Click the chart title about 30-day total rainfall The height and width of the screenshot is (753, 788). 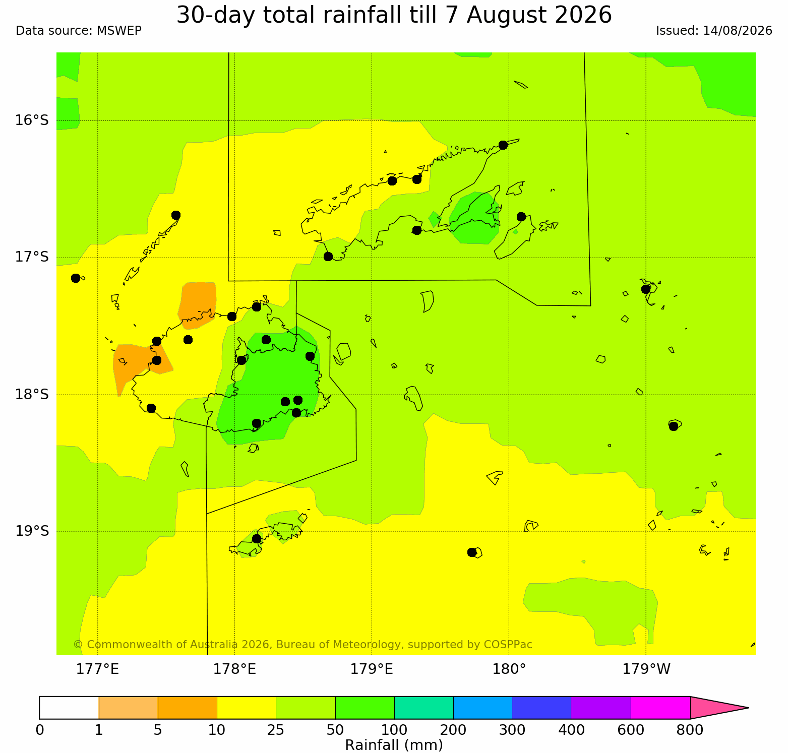click(394, 15)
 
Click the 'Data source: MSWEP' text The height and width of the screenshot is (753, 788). click(79, 31)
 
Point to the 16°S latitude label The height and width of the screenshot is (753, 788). click(32, 120)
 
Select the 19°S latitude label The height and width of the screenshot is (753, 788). click(32, 531)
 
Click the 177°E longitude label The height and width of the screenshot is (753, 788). click(97, 669)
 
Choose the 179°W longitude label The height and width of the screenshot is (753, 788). click(646, 669)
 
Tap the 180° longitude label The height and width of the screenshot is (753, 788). click(509, 669)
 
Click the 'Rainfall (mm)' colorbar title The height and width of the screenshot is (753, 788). click(394, 745)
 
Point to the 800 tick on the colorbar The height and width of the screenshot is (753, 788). click(690, 730)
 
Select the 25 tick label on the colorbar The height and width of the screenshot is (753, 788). click(276, 730)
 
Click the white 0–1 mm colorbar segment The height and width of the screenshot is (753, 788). click(69, 708)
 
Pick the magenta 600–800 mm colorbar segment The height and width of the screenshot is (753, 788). click(660, 708)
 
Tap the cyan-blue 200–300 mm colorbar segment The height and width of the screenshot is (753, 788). click(483, 708)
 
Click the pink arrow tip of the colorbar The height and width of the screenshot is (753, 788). click(748, 708)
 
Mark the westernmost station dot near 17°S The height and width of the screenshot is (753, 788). click(76, 278)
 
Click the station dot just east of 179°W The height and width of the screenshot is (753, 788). click(674, 426)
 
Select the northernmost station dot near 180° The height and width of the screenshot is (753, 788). click(503, 145)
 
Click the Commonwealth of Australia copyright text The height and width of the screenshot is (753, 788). click(302, 645)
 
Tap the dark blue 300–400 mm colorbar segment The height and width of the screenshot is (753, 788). click(542, 708)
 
